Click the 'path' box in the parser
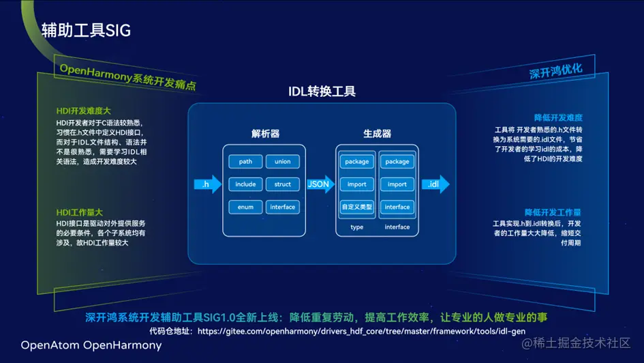point(245,162)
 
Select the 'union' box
point(283,162)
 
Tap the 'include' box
point(245,184)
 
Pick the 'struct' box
point(283,184)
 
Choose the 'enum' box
point(245,207)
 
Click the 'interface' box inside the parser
point(283,207)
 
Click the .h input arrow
point(208,184)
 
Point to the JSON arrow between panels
point(318,184)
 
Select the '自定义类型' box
point(357,207)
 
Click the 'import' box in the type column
point(357,184)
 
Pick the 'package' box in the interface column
point(397,162)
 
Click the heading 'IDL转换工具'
point(322,91)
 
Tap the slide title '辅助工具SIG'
point(86,30)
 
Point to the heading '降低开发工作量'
point(553,212)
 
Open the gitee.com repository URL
point(361,331)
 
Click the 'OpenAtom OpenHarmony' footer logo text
point(91,345)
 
